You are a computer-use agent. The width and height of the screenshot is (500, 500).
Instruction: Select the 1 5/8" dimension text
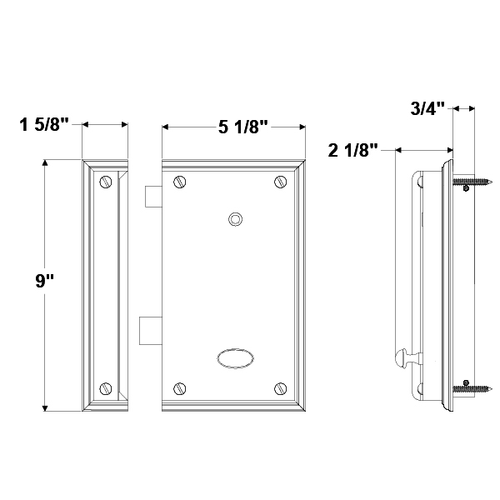pos(44,124)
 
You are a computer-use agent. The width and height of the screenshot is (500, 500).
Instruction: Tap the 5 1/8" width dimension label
pos(243,127)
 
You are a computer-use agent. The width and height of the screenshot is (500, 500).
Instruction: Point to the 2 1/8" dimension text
pos(353,150)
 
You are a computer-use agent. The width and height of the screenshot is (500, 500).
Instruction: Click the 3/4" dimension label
pos(427,108)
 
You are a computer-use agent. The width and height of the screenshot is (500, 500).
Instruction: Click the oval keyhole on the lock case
pos(236,358)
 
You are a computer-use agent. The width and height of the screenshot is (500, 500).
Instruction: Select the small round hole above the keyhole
pos(236,219)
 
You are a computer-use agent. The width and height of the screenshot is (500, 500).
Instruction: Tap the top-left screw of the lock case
pos(179,182)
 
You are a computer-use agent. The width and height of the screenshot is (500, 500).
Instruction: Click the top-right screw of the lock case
pos(280,182)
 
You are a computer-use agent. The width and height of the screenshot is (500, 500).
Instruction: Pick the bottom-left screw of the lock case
pos(179,388)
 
